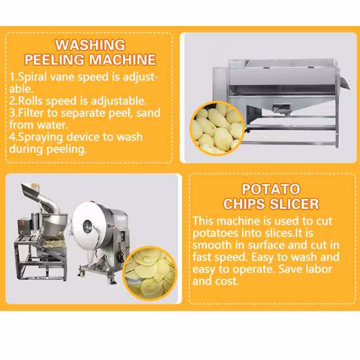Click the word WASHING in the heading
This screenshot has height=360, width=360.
(90, 45)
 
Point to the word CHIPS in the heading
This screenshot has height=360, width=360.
(245, 204)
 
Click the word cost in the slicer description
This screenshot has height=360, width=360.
(226, 281)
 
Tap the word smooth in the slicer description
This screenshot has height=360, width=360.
(211, 245)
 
